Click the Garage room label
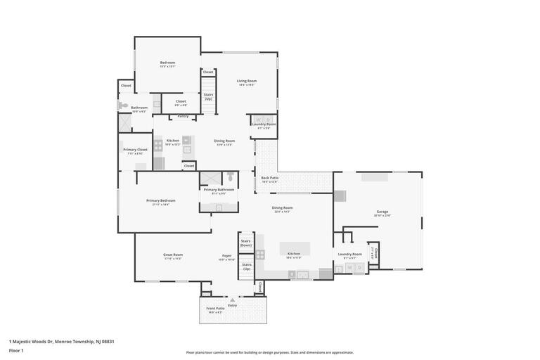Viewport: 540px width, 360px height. click(382, 212)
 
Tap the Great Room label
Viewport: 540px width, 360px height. click(173, 255)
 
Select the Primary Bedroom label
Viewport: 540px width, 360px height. click(161, 200)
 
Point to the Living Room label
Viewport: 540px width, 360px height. click(246, 81)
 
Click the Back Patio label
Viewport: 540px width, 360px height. click(270, 178)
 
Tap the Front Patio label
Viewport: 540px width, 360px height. click(215, 308)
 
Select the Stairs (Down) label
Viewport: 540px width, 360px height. click(246, 243)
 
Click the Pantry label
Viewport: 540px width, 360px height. click(183, 116)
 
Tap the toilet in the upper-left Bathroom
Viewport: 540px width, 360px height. click(122, 106)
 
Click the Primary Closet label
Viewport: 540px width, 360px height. click(135, 149)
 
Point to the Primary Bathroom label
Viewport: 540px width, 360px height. click(219, 189)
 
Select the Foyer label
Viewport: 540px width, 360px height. click(227, 255)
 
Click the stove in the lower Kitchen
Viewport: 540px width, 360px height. click(260, 255)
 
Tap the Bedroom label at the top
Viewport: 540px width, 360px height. click(167, 63)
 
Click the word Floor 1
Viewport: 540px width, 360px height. click(16, 350)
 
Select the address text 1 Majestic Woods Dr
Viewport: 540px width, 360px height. click(32, 342)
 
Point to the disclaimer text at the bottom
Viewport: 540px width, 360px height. click(270, 352)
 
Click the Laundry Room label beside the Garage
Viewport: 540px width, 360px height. click(349, 254)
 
